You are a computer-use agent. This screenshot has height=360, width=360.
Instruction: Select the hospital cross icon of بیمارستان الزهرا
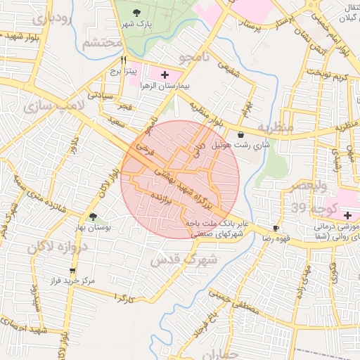point(165,74)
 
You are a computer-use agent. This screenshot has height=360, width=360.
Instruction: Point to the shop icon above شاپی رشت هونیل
point(241,134)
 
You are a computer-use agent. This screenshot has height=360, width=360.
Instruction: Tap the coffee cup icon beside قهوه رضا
point(276,229)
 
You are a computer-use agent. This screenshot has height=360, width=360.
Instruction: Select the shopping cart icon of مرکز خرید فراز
point(72,270)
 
